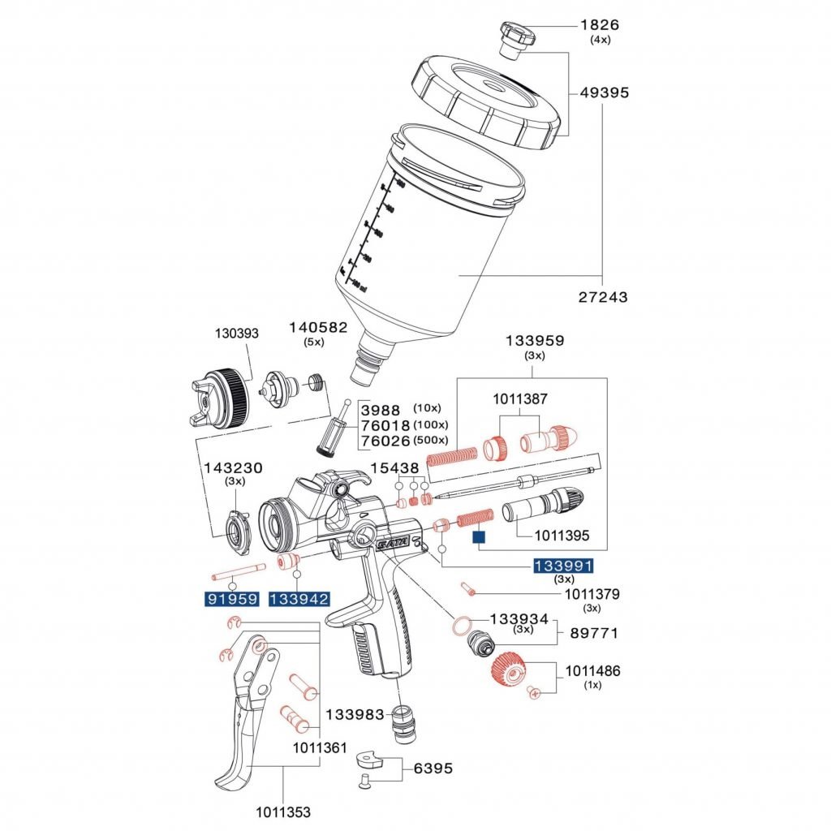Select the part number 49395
point(604,93)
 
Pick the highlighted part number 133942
point(299,600)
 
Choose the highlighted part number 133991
point(563,566)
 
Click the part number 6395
point(433,768)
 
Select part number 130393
point(236,333)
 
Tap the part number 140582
point(318,328)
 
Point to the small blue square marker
point(478,536)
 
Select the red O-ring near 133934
point(460,626)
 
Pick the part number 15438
point(394,468)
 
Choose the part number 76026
point(385,440)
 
